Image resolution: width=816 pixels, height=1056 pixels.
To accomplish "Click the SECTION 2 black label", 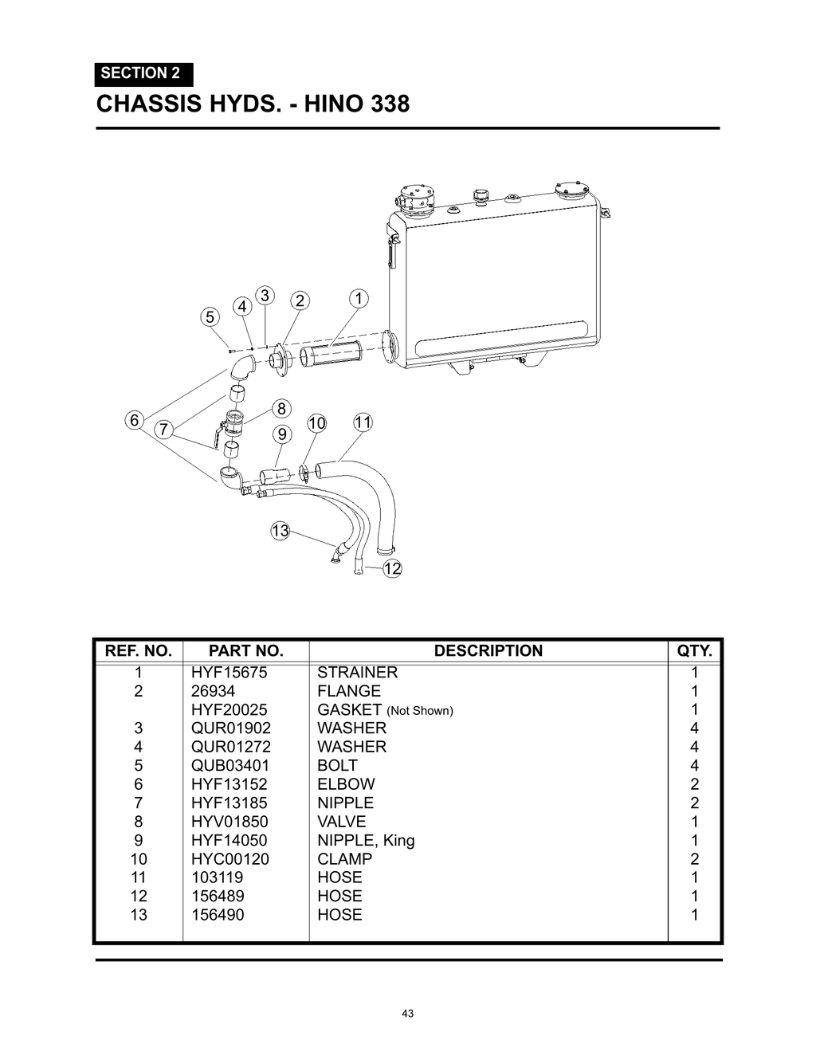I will point(143,73).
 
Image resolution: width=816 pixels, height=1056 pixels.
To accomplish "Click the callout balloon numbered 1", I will point(359,299).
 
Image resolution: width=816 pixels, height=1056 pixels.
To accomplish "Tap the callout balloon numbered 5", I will point(210,316).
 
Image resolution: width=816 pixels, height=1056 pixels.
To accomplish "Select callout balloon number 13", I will point(280,531).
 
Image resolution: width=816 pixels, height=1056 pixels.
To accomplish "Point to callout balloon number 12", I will point(392,568).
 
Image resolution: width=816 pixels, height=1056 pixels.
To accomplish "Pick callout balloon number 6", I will point(135,420).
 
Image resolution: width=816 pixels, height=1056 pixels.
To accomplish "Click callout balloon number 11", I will point(363,422).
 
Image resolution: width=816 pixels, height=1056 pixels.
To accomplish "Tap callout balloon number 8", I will point(281,409).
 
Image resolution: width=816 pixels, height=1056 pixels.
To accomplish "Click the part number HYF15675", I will point(229,673).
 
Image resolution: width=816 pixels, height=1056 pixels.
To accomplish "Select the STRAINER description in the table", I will point(357,673).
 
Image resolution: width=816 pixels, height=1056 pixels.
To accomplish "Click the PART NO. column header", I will point(245,651).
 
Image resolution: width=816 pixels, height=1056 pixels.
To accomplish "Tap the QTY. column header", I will point(694,651).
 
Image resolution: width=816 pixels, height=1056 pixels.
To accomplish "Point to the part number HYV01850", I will point(229,822).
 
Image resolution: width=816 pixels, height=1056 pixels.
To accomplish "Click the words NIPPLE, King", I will point(366,840).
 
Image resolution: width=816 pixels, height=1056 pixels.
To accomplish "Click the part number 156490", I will point(217,915).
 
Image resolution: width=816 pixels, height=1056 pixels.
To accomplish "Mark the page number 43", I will point(408,1014).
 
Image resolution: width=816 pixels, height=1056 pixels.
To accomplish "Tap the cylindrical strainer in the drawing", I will point(334,350).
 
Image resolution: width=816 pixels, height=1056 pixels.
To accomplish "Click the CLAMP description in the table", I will point(344,859).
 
